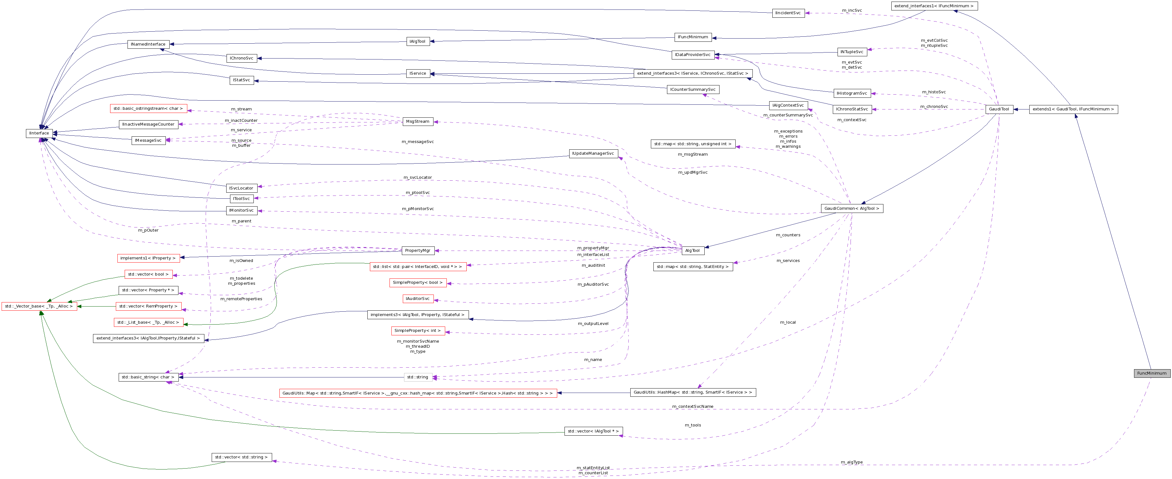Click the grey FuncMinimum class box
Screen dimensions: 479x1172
click(x=1151, y=373)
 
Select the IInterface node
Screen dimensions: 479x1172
click(x=39, y=133)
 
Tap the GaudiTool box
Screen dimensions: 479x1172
click(x=999, y=109)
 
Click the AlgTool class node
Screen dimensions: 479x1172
click(x=692, y=251)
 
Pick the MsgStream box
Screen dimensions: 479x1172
click(x=417, y=121)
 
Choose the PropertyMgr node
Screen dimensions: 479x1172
click(x=417, y=251)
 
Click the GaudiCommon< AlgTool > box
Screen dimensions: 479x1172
click(x=852, y=208)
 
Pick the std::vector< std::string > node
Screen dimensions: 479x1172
click(x=241, y=457)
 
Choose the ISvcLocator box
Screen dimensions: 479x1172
click(x=241, y=188)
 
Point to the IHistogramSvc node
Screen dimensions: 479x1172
click(x=852, y=93)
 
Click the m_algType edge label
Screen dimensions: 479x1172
click(x=851, y=462)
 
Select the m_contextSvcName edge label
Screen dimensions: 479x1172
click(x=692, y=407)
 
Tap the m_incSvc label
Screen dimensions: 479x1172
click(x=852, y=10)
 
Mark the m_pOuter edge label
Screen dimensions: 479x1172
click(x=148, y=230)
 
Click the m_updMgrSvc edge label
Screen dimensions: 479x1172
click(x=692, y=172)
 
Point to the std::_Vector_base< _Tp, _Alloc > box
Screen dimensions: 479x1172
click(x=39, y=307)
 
